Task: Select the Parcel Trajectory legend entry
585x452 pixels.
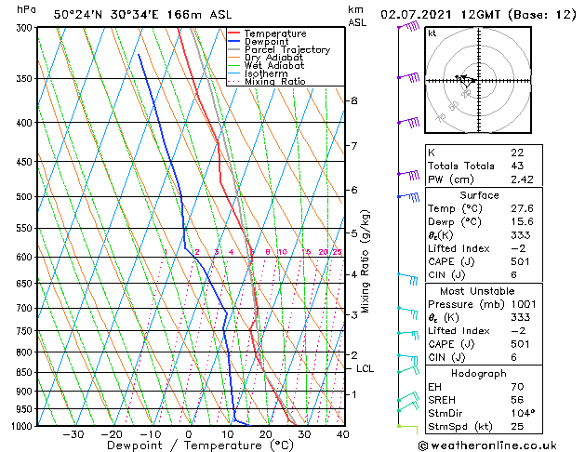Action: point(286,50)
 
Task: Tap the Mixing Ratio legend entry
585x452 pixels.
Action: point(274,82)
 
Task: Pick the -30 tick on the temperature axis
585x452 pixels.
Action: point(73,433)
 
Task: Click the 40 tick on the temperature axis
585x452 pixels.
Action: point(342,433)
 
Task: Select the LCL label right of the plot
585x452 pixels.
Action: point(366,369)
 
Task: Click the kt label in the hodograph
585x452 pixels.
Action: point(432,33)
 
